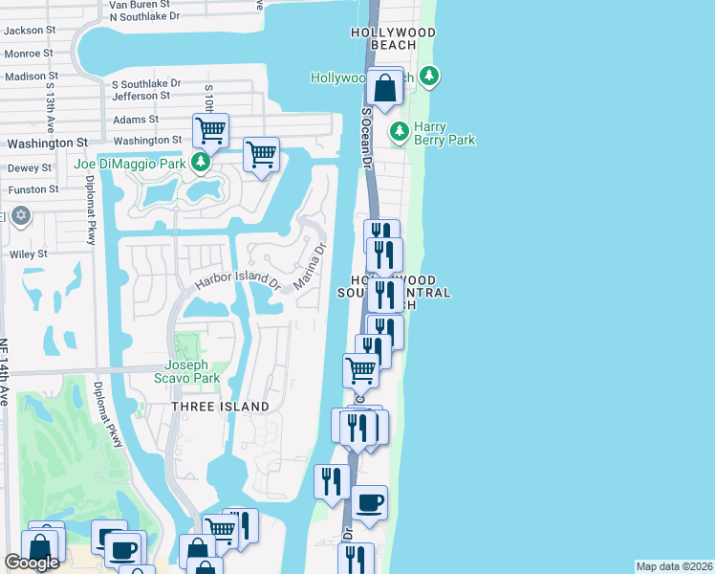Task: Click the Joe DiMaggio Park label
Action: click(x=130, y=164)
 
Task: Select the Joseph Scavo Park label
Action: click(x=193, y=370)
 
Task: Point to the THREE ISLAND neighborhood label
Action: click(x=220, y=407)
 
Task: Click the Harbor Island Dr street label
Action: click(x=237, y=282)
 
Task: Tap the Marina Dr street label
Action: click(x=310, y=267)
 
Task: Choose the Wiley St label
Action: click(x=29, y=254)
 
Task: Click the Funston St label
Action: click(x=33, y=189)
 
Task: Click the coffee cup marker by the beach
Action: click(x=369, y=503)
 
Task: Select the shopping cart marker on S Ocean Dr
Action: click(x=360, y=368)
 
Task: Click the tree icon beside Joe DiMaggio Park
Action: click(x=201, y=163)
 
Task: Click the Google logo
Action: click(x=32, y=563)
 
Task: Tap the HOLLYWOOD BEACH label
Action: click(x=393, y=38)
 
